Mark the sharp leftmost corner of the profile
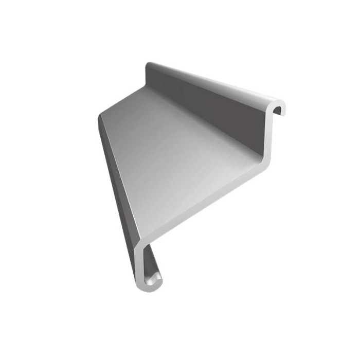pos(98,119)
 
